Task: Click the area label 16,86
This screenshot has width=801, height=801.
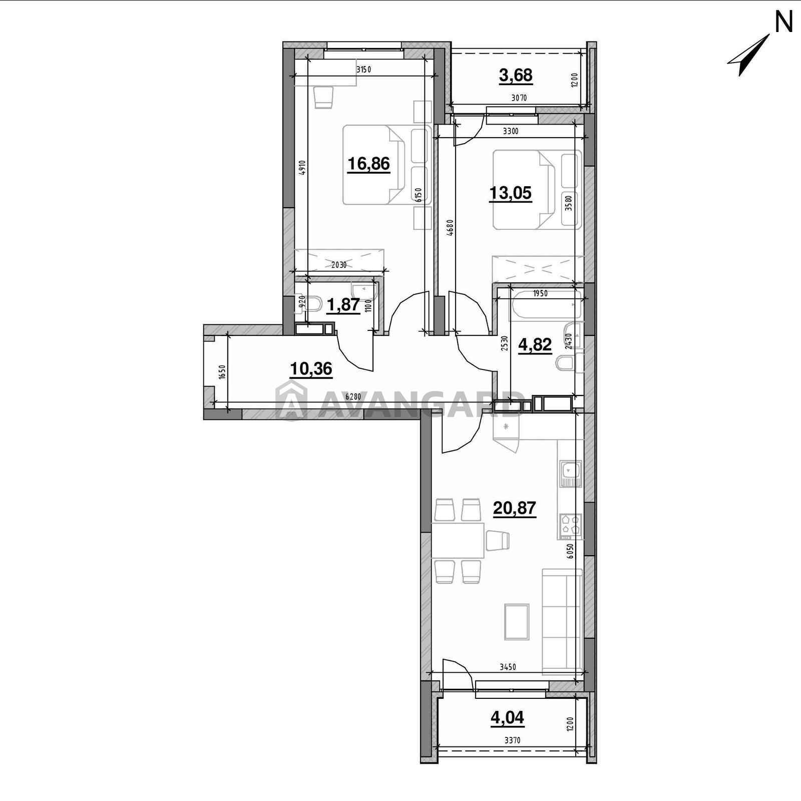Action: click(368, 164)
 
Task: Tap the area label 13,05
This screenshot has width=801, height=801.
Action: click(510, 193)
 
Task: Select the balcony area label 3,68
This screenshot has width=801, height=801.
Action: click(516, 76)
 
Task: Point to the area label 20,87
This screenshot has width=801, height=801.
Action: click(515, 509)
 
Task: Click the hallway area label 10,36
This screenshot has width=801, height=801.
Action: click(311, 369)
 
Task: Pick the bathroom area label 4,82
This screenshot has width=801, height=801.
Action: click(535, 345)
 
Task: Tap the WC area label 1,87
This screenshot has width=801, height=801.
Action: click(343, 304)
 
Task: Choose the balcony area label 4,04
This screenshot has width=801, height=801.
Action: click(507, 718)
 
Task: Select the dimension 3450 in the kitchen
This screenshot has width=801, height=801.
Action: click(508, 667)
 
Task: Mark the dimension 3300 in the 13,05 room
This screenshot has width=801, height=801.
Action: click(511, 132)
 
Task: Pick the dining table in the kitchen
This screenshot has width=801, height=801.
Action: click(458, 540)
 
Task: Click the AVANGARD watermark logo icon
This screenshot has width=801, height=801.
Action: click(291, 400)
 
